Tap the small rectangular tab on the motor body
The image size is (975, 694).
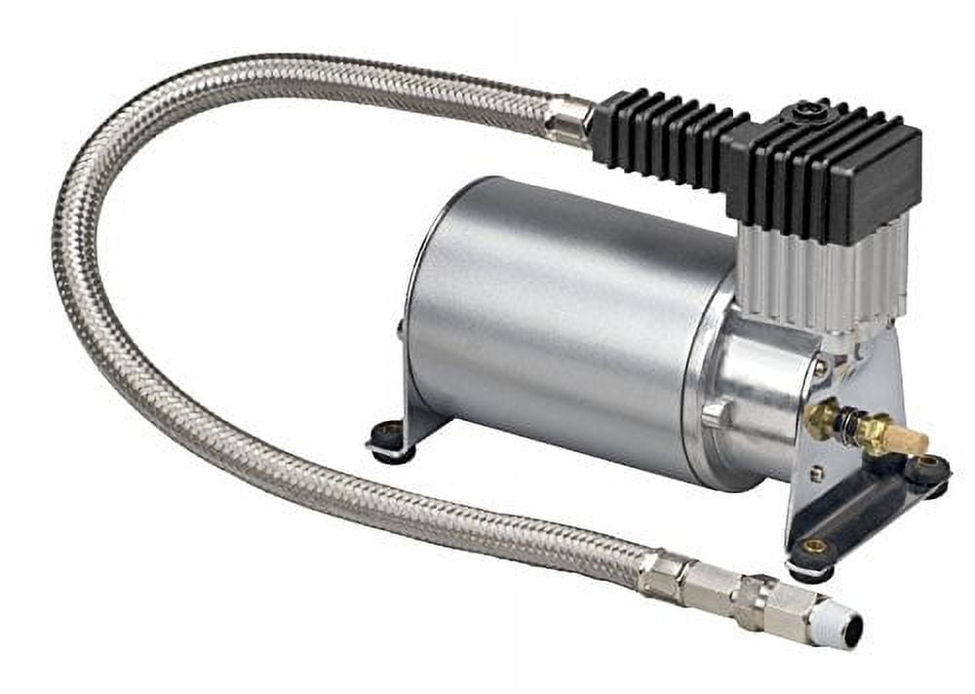(x=715, y=413)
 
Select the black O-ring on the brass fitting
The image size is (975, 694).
(x=850, y=427)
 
